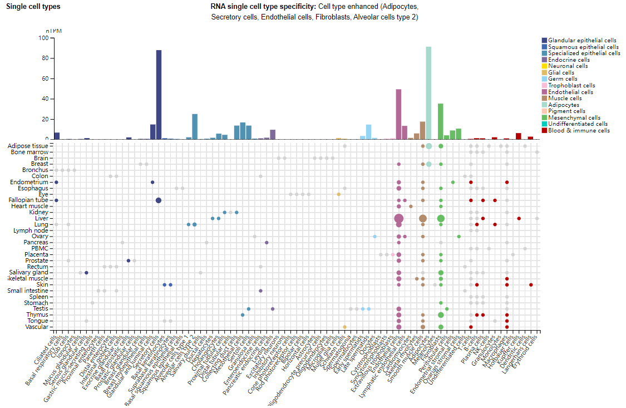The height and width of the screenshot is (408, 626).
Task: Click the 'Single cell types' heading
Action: pos(33,7)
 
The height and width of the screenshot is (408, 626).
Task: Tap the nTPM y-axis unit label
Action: pos(53,31)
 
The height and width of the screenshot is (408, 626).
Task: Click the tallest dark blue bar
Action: pos(159,95)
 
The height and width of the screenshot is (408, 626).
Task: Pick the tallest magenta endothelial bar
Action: pos(398,114)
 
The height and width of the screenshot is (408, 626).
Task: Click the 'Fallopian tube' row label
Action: pos(29,200)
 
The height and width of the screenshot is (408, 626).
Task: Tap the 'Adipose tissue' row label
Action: pos(28,146)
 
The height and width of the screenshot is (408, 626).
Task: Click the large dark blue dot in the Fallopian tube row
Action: pos(159,200)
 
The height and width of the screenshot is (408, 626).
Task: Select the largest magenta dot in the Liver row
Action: pos(398,219)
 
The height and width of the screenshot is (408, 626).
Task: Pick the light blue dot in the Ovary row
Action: pos(375,237)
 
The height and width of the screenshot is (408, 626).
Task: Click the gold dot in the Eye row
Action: pos(338,194)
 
